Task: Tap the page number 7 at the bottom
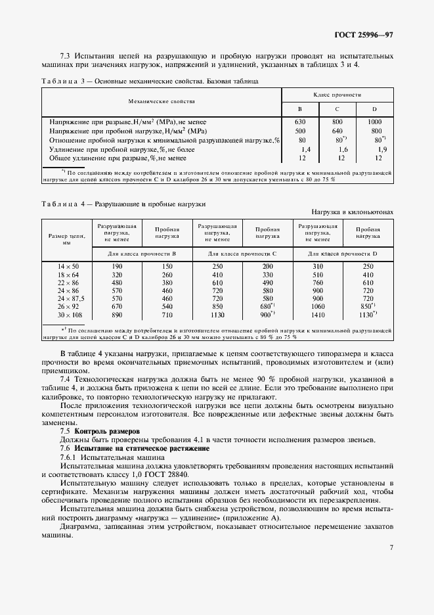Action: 391,547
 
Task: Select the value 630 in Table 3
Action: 301,122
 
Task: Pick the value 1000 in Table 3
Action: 375,122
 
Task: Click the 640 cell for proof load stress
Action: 338,131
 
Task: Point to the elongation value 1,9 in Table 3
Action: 376,149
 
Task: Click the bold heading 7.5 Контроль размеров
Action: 98,431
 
